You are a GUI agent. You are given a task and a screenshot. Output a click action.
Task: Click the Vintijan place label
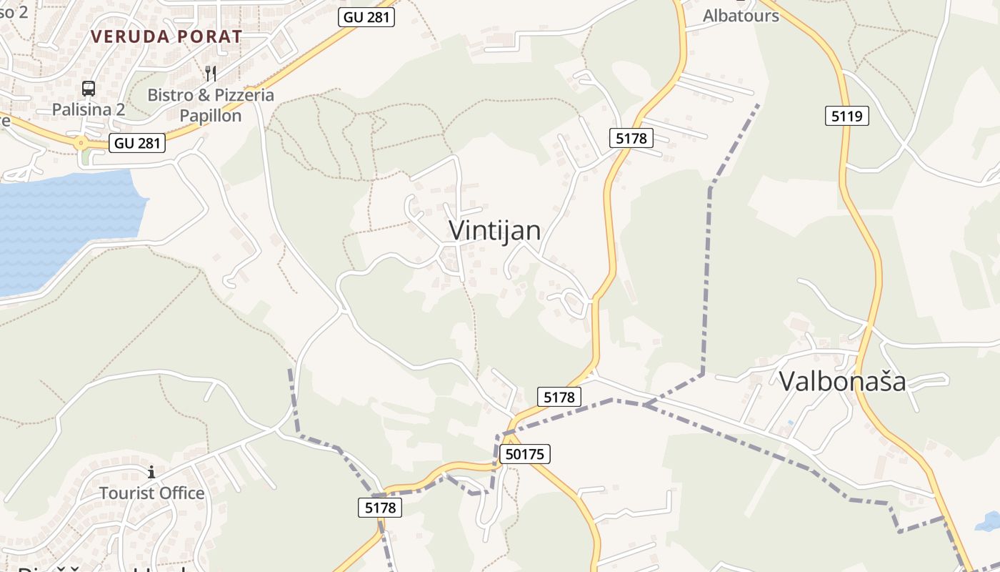(494, 230)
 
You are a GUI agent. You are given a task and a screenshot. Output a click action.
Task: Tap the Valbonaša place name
(842, 381)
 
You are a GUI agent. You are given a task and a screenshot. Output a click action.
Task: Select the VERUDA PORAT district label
(166, 36)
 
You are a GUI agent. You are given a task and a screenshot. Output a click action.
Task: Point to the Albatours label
(741, 15)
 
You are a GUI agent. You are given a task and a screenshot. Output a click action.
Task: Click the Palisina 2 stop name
(89, 109)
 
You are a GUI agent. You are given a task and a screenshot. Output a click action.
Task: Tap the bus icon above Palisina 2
(89, 89)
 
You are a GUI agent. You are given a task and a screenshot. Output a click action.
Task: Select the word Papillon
(210, 115)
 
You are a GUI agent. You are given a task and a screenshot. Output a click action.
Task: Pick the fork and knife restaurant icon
(211, 73)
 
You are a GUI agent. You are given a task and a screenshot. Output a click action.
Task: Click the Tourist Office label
(151, 493)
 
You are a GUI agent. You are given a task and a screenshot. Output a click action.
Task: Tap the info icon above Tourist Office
(151, 472)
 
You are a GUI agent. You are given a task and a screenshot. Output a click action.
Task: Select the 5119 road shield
(846, 116)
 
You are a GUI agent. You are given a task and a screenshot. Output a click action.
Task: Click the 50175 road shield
(525, 454)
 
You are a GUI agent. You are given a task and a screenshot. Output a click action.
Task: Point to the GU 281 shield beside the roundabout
(138, 143)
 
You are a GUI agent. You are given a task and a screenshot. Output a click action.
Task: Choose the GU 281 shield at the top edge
(367, 16)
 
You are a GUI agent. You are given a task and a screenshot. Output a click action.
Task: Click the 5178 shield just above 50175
(559, 397)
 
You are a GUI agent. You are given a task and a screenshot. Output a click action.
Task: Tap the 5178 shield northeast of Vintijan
(631, 138)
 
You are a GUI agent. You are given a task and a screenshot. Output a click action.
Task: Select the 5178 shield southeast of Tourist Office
(379, 508)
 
